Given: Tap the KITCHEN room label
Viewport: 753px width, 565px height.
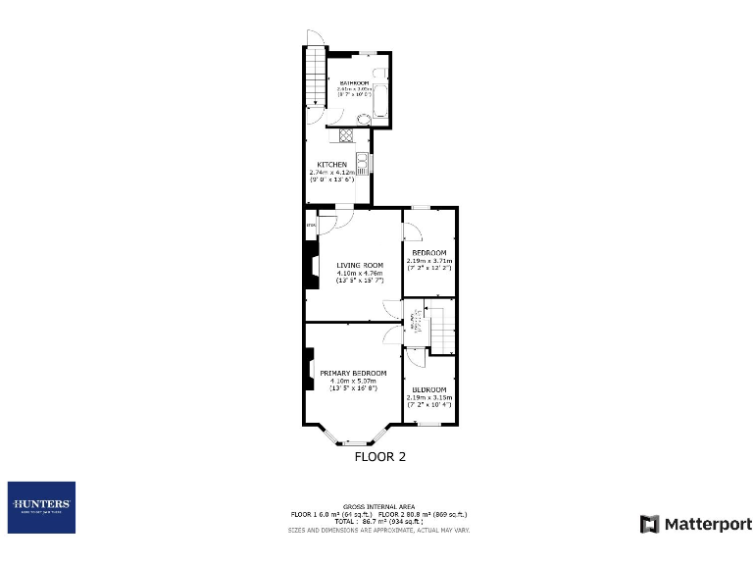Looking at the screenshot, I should pos(330,164).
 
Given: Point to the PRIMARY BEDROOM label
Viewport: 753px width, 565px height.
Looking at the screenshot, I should pos(353,373).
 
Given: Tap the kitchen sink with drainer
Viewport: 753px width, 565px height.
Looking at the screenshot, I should pos(362,163).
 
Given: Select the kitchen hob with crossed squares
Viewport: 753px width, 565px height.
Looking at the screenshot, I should pos(345,136).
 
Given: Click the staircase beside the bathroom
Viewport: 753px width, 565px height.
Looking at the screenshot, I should pos(314,78).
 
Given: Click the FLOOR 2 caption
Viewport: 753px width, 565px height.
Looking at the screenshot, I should pos(379,456).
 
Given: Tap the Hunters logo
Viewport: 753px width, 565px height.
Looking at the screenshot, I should pos(41,507).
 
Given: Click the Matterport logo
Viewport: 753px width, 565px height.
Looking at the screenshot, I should pos(696,524).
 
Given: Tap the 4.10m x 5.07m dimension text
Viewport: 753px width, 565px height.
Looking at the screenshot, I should pos(353,382).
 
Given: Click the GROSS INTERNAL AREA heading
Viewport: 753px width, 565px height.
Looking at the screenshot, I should pos(379,507).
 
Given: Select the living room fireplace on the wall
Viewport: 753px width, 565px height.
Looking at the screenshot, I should pos(313,268).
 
